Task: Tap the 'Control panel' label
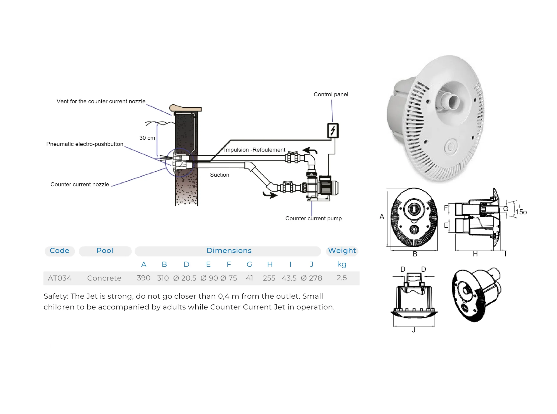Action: (x=331, y=94)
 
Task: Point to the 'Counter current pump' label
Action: (x=314, y=218)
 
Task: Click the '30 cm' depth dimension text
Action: (x=147, y=138)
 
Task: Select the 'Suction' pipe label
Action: (x=220, y=175)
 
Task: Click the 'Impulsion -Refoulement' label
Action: (x=255, y=150)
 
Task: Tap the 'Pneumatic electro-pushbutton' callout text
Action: (x=85, y=144)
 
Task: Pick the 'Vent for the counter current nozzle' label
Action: (x=101, y=101)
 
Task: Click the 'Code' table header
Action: (x=59, y=251)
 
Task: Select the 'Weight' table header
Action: (x=342, y=251)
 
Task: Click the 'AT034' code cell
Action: (x=60, y=278)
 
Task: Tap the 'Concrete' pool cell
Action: (x=104, y=278)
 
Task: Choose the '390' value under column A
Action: (x=143, y=278)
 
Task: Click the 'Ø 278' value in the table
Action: (x=311, y=278)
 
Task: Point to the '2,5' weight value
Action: (x=342, y=278)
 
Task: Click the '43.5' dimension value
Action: (x=289, y=278)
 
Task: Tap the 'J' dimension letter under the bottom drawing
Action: (x=414, y=330)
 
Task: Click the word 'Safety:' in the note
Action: (x=56, y=296)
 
